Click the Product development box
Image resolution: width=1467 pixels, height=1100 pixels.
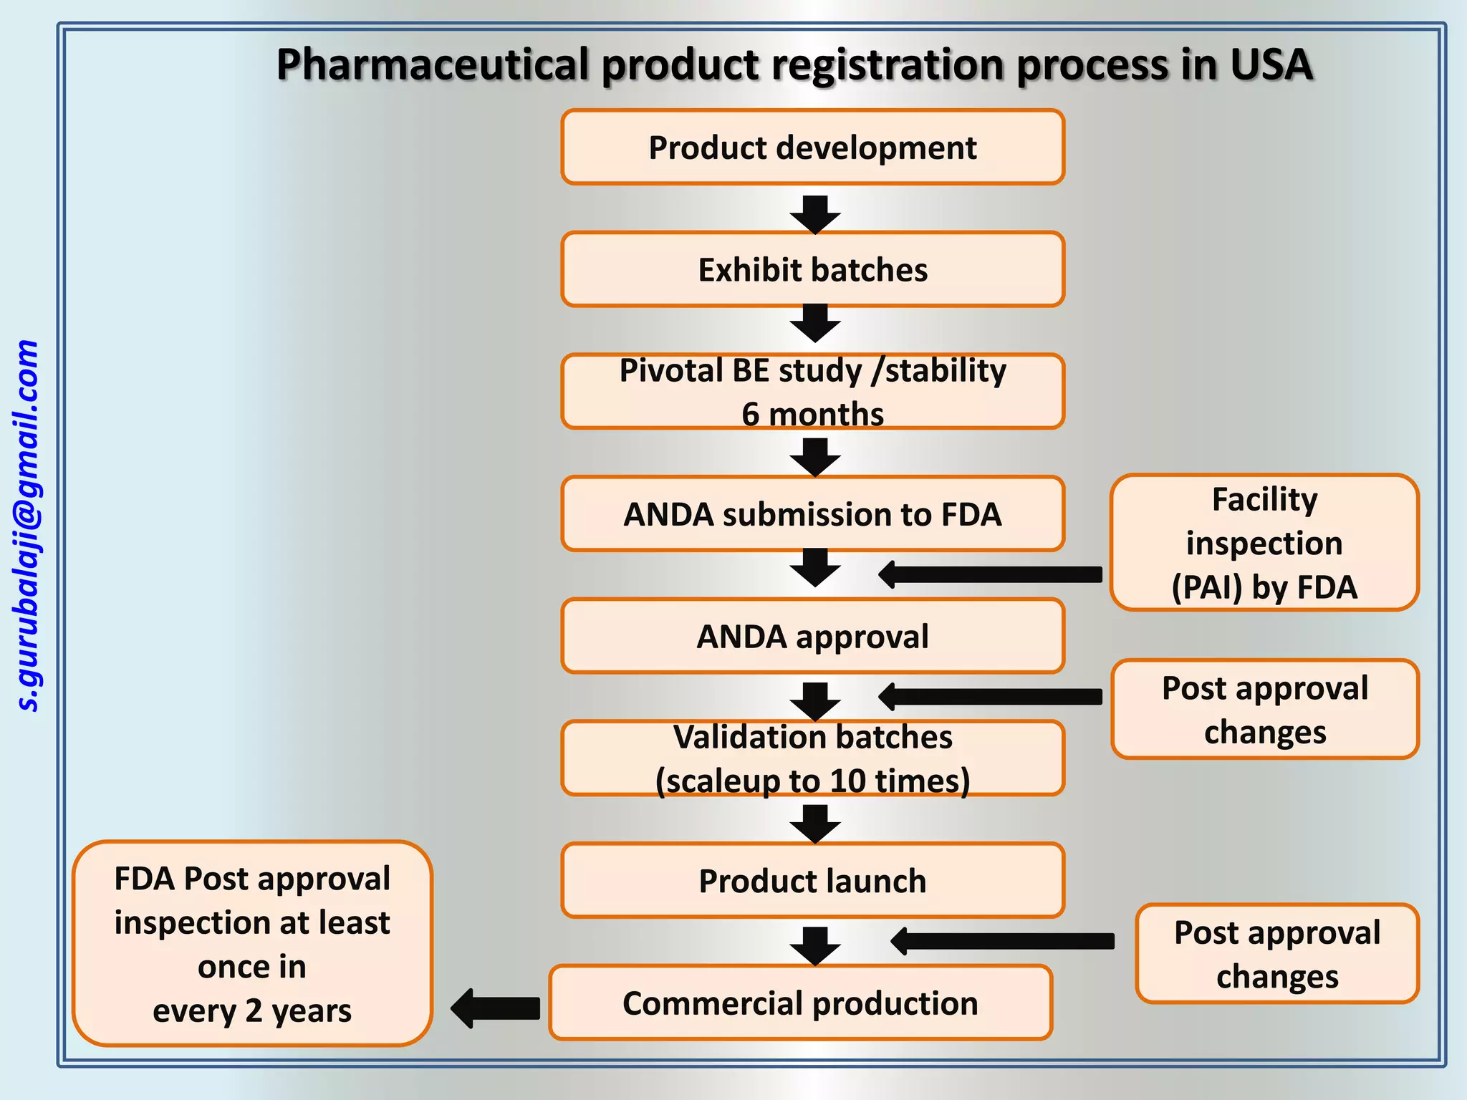click(x=812, y=148)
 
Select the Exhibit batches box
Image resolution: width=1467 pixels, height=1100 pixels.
click(x=812, y=270)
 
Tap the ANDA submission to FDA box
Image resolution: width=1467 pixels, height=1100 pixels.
click(x=812, y=514)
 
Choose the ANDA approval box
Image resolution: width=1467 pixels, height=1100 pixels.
click(x=812, y=637)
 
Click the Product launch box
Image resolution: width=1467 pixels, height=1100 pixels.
click(x=812, y=881)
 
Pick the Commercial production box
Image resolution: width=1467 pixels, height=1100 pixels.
click(x=800, y=1003)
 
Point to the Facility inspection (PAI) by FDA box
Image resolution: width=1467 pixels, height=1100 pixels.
click(x=1264, y=543)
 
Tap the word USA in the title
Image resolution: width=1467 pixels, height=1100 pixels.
click(x=1271, y=64)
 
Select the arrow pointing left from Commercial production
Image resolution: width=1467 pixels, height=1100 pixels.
click(x=496, y=1008)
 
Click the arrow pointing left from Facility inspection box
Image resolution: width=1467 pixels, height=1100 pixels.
click(x=991, y=574)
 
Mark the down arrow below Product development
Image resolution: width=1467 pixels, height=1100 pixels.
click(x=815, y=214)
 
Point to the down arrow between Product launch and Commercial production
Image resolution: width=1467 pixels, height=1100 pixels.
click(x=815, y=946)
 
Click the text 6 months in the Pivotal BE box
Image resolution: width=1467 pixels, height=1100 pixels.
click(x=812, y=414)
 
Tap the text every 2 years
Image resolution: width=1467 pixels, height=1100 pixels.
click(x=252, y=1010)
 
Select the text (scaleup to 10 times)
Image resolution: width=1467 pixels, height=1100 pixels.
click(x=812, y=781)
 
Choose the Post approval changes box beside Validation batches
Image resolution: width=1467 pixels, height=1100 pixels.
click(x=1264, y=709)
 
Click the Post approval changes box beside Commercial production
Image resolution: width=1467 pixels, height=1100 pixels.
click(x=1276, y=954)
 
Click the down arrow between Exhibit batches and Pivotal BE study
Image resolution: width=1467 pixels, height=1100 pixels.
click(x=815, y=323)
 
